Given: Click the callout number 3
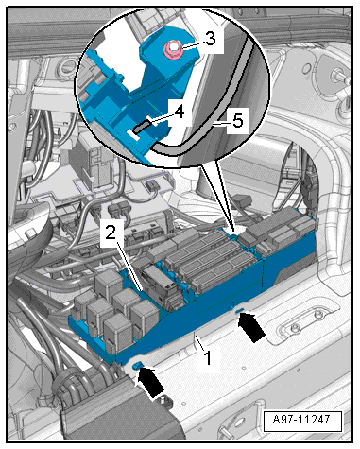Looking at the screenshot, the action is [211, 39].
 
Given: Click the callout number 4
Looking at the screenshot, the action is [180, 112].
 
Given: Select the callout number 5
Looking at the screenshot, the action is [238, 121].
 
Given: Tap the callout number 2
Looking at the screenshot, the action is [111, 233].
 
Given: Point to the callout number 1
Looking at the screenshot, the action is [208, 358].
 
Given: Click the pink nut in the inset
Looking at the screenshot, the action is [172, 48].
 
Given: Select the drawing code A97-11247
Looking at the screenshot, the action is [301, 420].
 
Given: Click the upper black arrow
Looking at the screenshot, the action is [251, 327].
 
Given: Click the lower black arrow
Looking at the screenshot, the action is [150, 382].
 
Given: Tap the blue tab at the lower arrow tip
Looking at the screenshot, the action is [137, 365].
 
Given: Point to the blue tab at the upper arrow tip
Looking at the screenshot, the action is [239, 311].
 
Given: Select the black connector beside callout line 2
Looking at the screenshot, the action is [163, 287].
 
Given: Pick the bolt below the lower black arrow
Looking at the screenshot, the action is [163, 400].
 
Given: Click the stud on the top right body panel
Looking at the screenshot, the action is [339, 77].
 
